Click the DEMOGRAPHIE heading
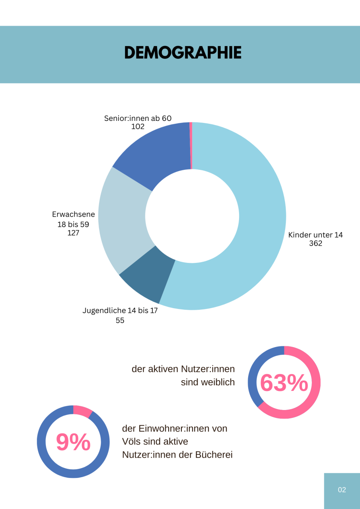point(183,52)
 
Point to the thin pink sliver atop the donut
point(191,145)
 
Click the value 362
point(315,243)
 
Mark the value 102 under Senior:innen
point(138,127)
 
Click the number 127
point(73,233)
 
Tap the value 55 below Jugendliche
point(120,320)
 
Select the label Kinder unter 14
point(315,235)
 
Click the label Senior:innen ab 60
point(138,118)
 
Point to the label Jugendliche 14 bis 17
point(120,311)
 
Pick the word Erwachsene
point(74,214)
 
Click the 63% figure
point(284,383)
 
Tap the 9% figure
point(73,442)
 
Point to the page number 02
point(342,490)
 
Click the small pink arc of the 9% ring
point(82,411)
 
